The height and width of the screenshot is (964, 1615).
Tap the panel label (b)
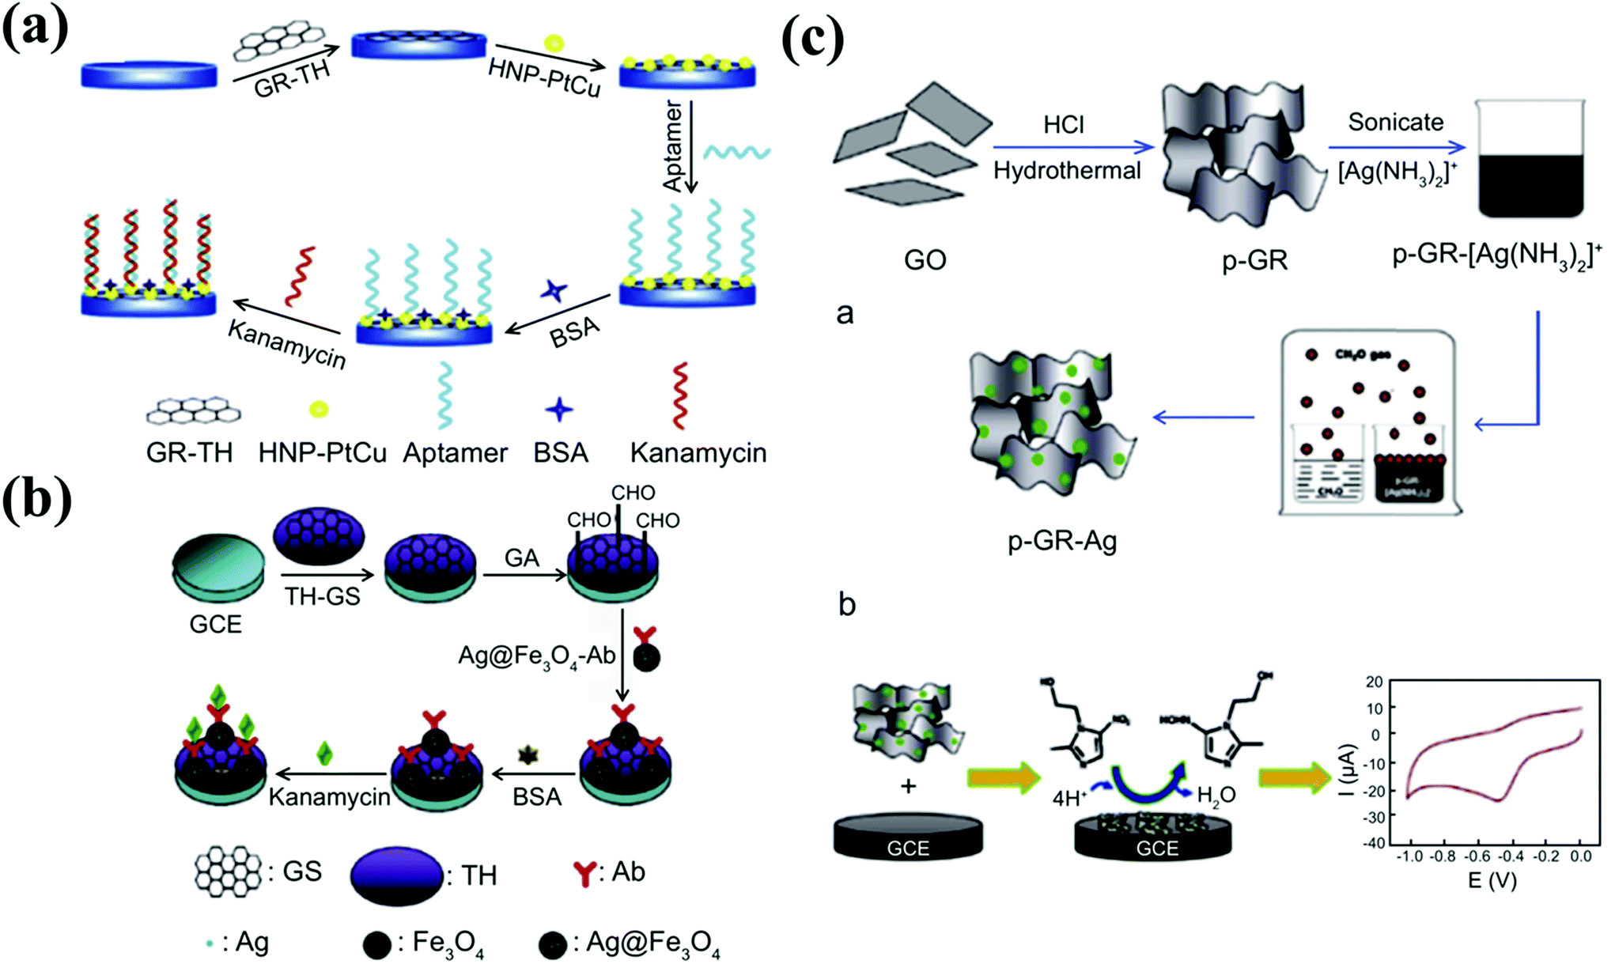tap(36, 500)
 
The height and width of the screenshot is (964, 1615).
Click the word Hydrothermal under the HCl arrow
tap(1067, 171)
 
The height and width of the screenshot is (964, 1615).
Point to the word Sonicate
tap(1395, 122)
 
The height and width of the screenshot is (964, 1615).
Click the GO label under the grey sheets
tap(925, 259)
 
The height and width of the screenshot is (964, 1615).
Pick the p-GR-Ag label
tap(1061, 541)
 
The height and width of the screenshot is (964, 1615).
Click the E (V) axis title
tap(1492, 880)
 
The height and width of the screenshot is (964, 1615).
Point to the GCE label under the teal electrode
tap(215, 624)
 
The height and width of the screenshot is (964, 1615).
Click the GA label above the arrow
tap(521, 558)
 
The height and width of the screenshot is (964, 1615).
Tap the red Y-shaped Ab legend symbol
tap(584, 873)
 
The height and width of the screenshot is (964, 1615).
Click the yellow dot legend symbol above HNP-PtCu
tap(318, 409)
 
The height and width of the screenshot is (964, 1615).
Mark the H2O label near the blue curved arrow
tap(1216, 795)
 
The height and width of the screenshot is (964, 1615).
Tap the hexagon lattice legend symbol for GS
tap(228, 871)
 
